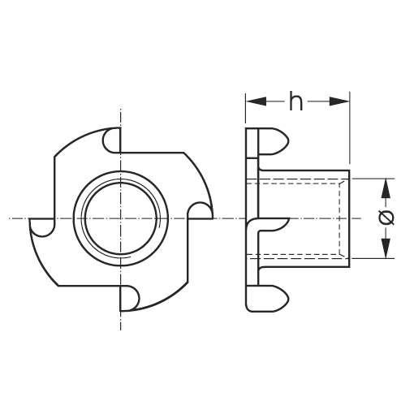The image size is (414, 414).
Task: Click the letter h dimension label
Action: click(295, 101)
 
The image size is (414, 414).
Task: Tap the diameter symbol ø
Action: click(386, 218)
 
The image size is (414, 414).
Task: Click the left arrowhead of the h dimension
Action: click(257, 101)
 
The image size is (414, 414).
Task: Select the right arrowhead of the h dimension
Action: click(339, 101)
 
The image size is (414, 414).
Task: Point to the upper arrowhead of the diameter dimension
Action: click(386, 188)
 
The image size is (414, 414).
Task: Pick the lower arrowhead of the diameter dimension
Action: click(386, 248)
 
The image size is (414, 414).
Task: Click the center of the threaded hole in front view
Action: click(121, 218)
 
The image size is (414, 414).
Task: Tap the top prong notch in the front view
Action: click(111, 140)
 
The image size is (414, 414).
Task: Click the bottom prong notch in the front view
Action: click(130, 298)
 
